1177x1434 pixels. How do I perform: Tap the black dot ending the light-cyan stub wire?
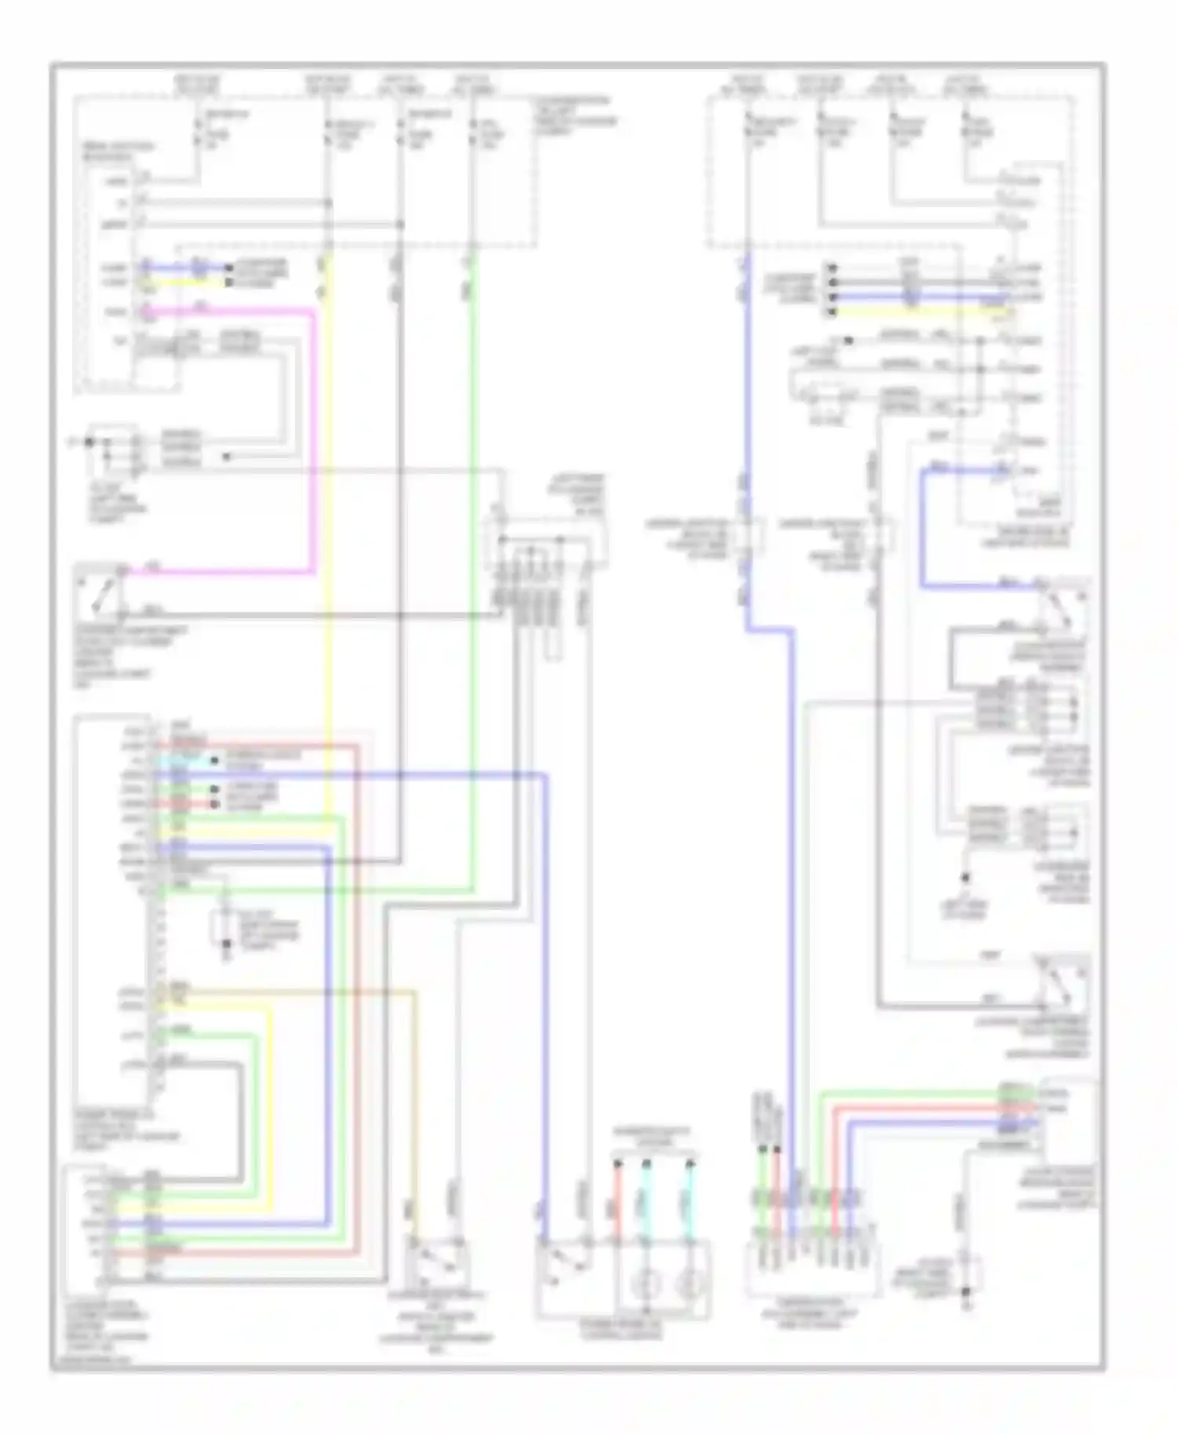(x=213, y=760)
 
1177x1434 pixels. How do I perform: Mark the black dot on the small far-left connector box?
(x=89, y=442)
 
